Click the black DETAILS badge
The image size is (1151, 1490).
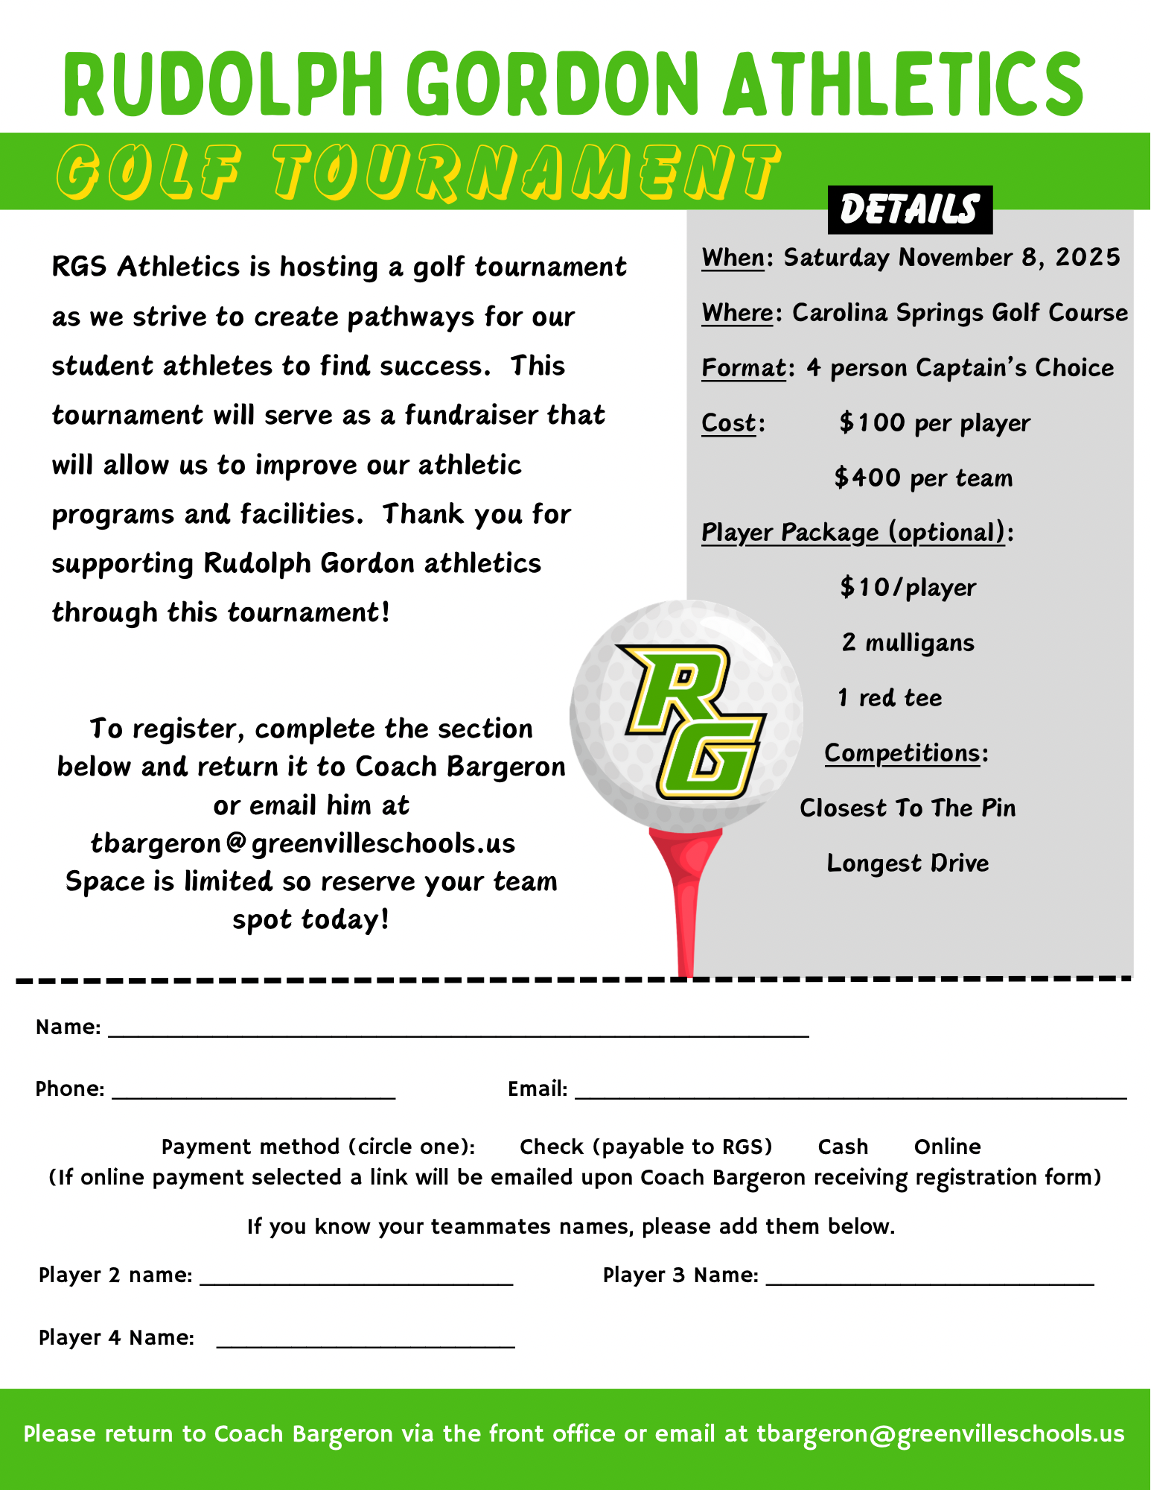[x=910, y=209]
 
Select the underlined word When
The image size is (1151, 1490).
[x=733, y=258]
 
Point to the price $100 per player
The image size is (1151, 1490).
[x=934, y=423]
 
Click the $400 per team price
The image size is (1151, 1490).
[x=923, y=478]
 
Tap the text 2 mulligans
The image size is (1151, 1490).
[x=908, y=642]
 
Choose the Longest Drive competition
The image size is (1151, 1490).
[x=908, y=863]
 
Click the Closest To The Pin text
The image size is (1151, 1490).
[x=908, y=808]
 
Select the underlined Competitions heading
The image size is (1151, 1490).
[x=902, y=753]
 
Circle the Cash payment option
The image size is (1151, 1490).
[x=843, y=1147]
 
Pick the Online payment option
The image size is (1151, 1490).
[x=947, y=1147]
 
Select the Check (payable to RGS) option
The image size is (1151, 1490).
[x=645, y=1147]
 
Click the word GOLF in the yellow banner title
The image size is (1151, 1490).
[x=149, y=172]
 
